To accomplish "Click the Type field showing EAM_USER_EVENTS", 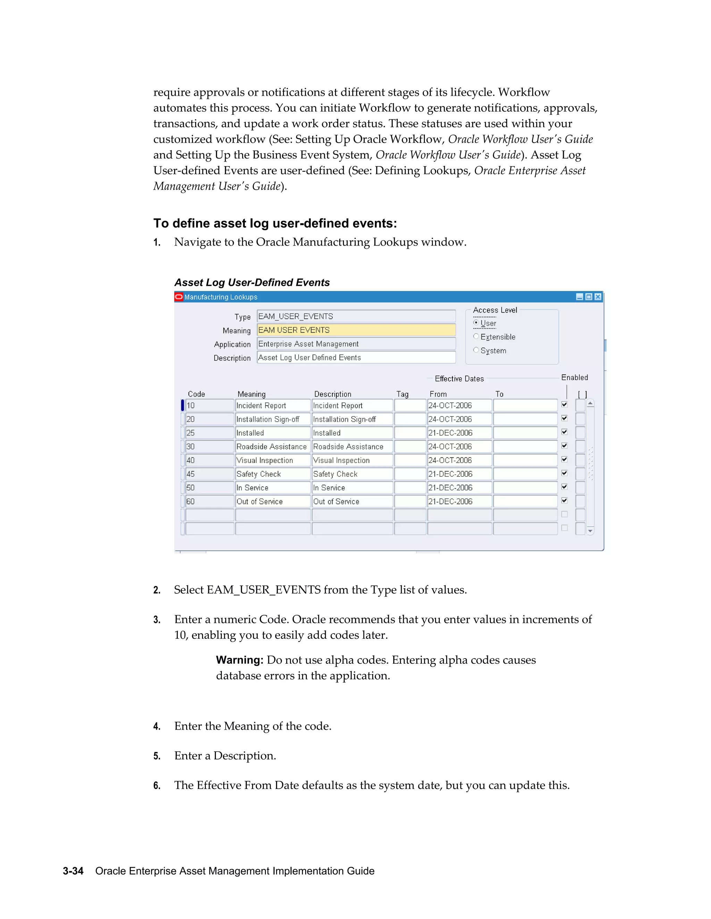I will click(356, 316).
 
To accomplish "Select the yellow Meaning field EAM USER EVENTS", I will click(356, 330).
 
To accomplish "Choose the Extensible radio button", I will click(476, 337).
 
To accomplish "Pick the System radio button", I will click(476, 350).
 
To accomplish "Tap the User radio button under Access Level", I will click(476, 323).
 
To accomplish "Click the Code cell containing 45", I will click(209, 474).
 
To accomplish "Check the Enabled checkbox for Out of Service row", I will click(564, 501).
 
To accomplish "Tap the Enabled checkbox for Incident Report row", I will click(564, 405).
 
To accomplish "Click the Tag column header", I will click(402, 394).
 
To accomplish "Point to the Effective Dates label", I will click(459, 379).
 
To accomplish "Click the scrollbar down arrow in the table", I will click(591, 531).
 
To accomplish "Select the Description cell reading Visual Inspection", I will click(352, 460).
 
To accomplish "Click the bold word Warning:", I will click(239, 660).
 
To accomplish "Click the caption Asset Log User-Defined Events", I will click(252, 282).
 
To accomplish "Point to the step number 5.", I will click(157, 756).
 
